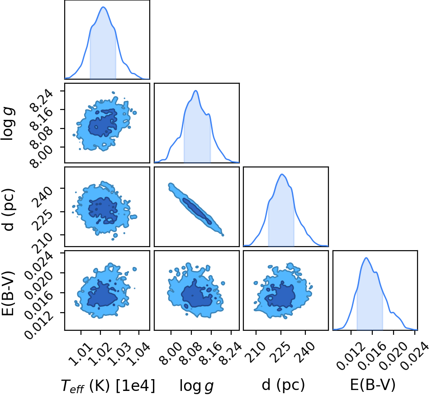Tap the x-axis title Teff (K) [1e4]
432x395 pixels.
(x=108, y=385)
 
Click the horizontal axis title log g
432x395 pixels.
(x=196, y=386)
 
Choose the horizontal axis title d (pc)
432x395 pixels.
(x=284, y=385)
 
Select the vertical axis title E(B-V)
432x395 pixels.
(x=8, y=290)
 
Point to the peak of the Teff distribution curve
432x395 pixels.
(x=103, y=7)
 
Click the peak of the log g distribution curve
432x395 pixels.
(x=195, y=90)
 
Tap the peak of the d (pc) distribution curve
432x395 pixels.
(x=282, y=174)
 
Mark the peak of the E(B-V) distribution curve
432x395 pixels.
(x=366, y=258)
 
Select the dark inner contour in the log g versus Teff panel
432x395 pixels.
(x=103, y=123)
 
